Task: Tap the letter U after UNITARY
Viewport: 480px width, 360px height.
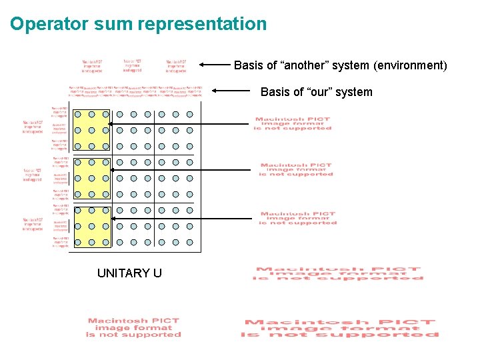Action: tap(157, 273)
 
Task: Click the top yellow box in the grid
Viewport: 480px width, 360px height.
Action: tap(91, 130)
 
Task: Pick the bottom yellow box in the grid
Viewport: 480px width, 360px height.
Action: tap(91, 227)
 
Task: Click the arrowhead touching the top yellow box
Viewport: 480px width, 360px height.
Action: tap(113, 123)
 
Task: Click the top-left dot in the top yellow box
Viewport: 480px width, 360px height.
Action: tap(78, 114)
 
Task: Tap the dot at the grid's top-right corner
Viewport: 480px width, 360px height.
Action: tap(190, 114)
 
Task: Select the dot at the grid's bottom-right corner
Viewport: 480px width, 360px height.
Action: tap(190, 243)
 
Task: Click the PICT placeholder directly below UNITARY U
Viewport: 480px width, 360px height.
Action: tap(133, 327)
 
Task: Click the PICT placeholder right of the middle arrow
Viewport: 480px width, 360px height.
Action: tap(296, 169)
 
